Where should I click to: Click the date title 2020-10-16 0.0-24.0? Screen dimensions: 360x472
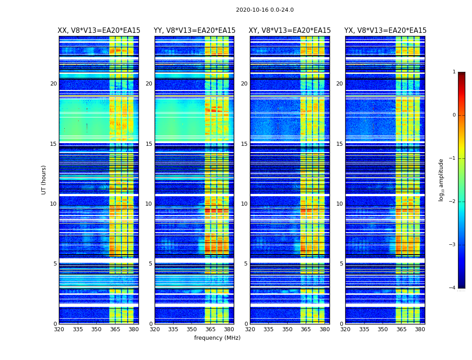coord(265,10)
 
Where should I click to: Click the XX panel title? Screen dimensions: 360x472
coord(99,31)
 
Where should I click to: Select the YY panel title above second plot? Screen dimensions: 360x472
coord(194,31)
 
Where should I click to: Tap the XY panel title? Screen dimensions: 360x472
coord(289,31)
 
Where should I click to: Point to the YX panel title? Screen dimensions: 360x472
coord(385,31)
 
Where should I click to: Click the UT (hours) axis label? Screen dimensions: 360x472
coord(44,180)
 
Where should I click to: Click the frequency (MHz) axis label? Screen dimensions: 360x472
coord(217,338)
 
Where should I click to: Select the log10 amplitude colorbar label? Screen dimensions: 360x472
coord(441,180)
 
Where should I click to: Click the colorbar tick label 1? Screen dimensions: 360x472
coord(454,72)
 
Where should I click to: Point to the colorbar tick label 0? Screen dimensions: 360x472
coord(454,115)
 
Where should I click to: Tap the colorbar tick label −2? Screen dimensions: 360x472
coord(453,202)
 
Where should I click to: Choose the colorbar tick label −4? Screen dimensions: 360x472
coord(453,288)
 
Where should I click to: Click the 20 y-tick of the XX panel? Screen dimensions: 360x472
coord(53,84)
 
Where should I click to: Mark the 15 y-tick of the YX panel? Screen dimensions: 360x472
coord(339,144)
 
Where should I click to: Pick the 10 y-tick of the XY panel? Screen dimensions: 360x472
coord(244,204)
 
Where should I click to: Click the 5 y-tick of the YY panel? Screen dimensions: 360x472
coord(151,264)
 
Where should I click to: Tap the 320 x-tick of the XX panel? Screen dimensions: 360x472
coord(59,329)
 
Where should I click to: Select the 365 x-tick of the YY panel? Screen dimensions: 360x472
coord(210,329)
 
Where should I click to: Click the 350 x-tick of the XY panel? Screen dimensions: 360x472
coord(287,329)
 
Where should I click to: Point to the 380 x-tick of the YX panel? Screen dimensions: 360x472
coord(420,329)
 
